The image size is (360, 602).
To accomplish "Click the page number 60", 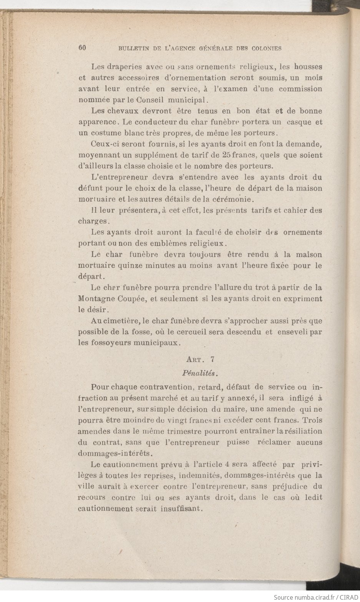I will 81,48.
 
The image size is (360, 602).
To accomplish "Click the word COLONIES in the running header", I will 267,48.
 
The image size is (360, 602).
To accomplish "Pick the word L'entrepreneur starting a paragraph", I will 120,178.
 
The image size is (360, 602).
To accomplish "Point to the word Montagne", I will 96,299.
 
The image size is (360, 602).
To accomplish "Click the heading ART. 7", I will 200,360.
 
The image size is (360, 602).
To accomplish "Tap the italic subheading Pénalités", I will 200,373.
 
